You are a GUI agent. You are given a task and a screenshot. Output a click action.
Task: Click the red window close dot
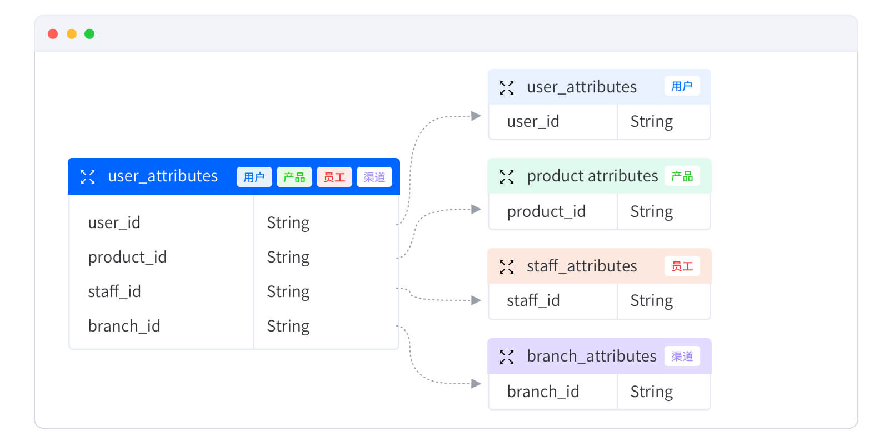[x=53, y=34]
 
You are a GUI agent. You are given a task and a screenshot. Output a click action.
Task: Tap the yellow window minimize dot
[x=72, y=34]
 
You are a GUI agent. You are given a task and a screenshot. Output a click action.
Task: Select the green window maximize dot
[x=89, y=34]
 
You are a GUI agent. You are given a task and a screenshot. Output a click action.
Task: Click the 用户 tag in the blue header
[x=254, y=177]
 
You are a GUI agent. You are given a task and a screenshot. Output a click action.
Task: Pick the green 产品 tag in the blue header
[x=294, y=177]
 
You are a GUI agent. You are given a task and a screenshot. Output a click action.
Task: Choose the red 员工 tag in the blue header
[x=334, y=177]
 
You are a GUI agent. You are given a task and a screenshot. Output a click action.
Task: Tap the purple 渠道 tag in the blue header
[x=374, y=177]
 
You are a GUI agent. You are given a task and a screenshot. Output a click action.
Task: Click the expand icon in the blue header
[x=88, y=177]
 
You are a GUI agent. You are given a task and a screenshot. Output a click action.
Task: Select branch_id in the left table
[x=124, y=326]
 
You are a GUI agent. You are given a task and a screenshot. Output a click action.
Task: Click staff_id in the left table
[x=114, y=291]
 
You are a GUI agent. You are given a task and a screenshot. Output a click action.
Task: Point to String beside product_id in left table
[x=288, y=258]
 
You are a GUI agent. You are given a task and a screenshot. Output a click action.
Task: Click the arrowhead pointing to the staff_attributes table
[x=476, y=300]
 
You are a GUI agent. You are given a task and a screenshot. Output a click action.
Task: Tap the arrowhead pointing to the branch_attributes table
[x=476, y=384]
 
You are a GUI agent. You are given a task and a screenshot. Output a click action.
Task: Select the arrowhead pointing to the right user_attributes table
[x=476, y=116]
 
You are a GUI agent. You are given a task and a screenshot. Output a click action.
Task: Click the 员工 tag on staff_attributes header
[x=682, y=266]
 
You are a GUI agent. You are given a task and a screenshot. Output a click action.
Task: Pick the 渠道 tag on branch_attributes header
[x=682, y=357]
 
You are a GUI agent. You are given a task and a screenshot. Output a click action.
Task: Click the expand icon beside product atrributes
[x=507, y=177]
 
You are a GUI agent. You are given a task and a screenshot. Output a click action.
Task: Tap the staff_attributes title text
[x=582, y=266]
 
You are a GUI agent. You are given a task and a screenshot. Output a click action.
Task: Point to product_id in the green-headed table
[x=546, y=211]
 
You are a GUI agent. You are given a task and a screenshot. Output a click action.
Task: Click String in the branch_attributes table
[x=652, y=392]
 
